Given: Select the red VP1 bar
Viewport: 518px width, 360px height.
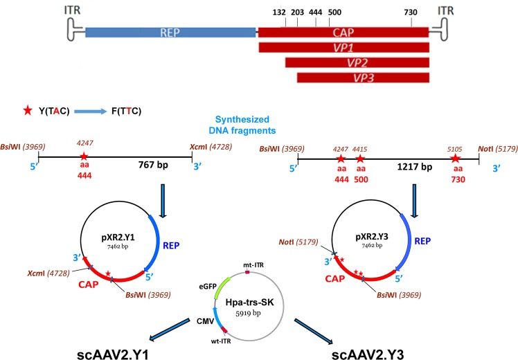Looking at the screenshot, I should pyautogui.click(x=343, y=47).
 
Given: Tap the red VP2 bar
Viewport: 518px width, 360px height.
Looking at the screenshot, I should pyautogui.click(x=357, y=62).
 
